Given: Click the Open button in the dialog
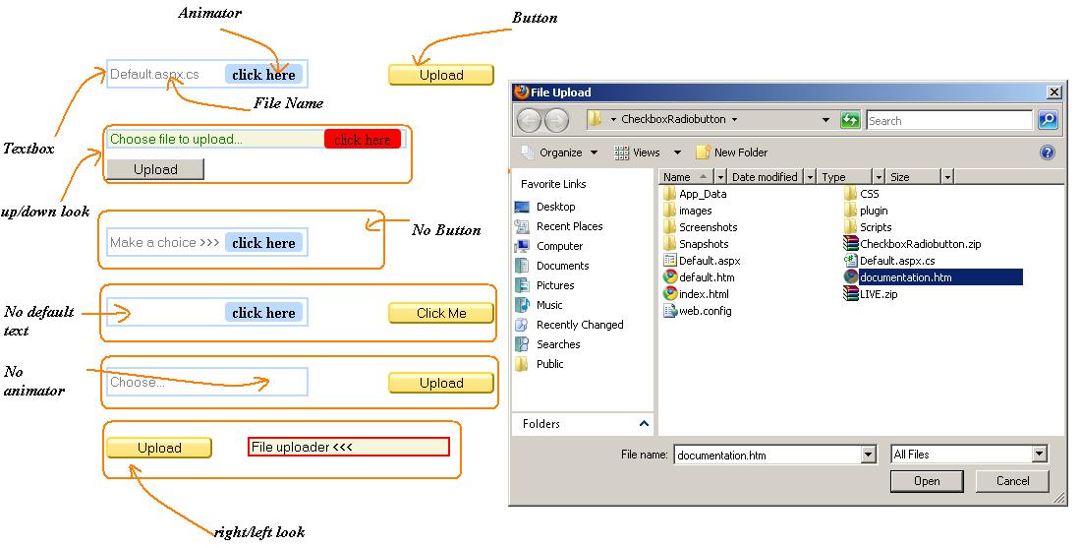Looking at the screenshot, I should coord(927,481).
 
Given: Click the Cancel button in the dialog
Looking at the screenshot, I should coord(1012,481).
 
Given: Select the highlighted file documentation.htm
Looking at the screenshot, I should coord(905,277).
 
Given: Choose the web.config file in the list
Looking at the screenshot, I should coord(705,311).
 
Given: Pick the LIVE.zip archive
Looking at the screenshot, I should coord(878,294).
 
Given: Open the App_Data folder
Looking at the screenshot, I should coord(702,194).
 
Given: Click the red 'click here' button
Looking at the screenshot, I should coord(362,140).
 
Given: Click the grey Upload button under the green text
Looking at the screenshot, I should coord(155,169).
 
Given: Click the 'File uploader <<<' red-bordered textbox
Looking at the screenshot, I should coord(348,447).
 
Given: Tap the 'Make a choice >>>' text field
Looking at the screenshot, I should coord(165,243).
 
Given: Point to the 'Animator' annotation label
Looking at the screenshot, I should coord(209,14).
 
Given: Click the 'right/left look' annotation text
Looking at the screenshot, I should coord(259,532).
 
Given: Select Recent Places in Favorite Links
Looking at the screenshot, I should coord(569,226).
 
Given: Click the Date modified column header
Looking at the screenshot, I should coord(765,177).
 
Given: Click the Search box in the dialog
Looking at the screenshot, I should coord(947,121).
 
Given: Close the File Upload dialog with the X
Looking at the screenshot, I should coord(1054,92).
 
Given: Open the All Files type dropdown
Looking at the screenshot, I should coord(1039,455).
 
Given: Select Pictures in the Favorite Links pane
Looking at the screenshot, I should coord(555,285).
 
